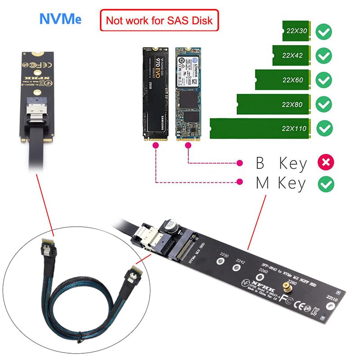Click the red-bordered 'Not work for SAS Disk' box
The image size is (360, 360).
(159, 20)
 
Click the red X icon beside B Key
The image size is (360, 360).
(325, 162)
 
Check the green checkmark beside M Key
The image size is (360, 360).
(325, 184)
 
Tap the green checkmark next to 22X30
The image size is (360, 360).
(324, 31)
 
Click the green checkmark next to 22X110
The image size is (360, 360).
(324, 129)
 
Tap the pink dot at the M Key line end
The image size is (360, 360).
(242, 182)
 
